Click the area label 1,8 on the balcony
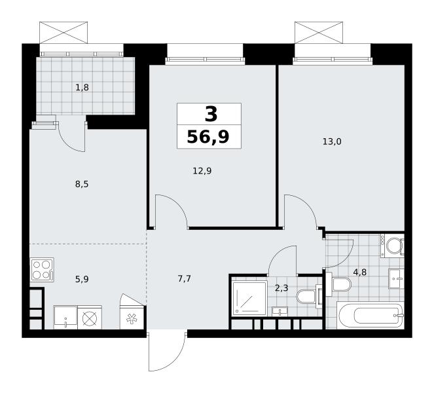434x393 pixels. click(x=82, y=88)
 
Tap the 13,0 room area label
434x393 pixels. click(x=332, y=141)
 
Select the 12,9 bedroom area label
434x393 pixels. click(x=202, y=171)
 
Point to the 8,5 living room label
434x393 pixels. click(x=82, y=184)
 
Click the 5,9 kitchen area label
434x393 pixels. click(x=82, y=279)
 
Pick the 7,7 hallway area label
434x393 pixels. click(x=185, y=278)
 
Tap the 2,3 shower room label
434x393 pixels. click(x=281, y=288)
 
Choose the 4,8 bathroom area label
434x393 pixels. click(x=360, y=272)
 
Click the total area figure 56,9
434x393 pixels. click(x=208, y=137)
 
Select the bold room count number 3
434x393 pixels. click(x=211, y=115)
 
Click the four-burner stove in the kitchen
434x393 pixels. click(x=42, y=270)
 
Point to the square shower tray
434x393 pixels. click(x=249, y=298)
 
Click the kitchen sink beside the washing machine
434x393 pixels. click(x=65, y=318)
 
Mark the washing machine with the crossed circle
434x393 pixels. click(x=90, y=318)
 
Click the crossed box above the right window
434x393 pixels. click(x=319, y=33)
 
